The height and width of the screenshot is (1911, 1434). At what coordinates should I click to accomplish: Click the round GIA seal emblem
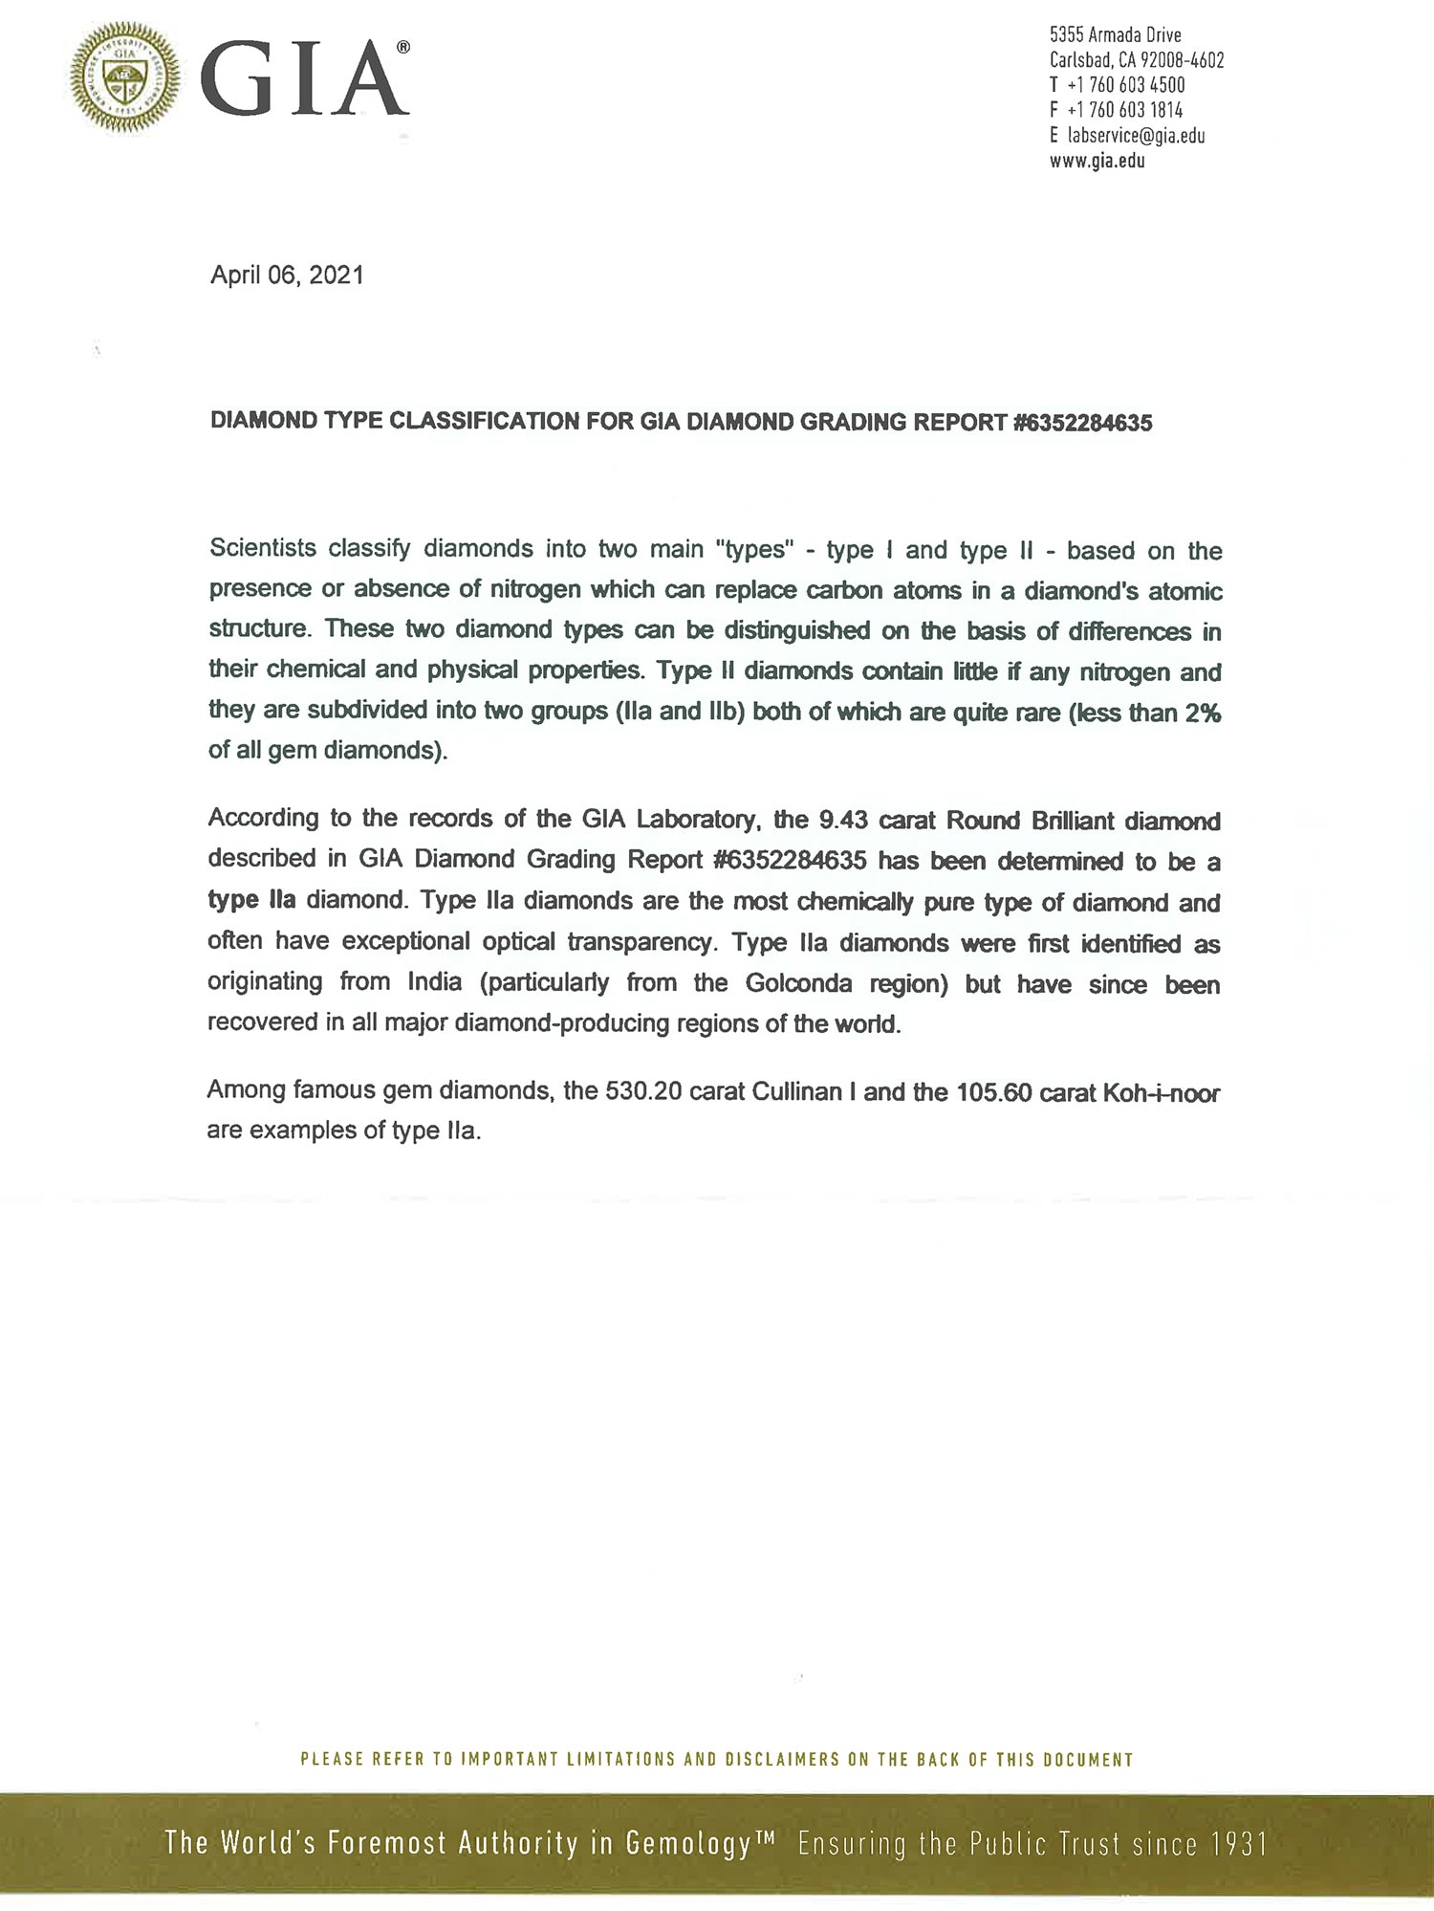[x=124, y=77]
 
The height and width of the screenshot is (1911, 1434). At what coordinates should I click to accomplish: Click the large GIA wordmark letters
[x=304, y=80]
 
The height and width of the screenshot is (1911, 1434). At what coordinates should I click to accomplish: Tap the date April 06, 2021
[x=287, y=275]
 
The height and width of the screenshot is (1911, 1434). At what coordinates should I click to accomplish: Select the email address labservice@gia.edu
[x=1136, y=136]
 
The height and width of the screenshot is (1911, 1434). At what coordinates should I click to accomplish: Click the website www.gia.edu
[x=1097, y=161]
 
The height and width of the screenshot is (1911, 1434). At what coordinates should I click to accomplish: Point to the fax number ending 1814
[x=1125, y=110]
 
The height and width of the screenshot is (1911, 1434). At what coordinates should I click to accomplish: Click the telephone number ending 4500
[x=1126, y=85]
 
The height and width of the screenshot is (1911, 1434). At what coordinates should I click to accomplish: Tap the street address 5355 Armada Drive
[x=1115, y=35]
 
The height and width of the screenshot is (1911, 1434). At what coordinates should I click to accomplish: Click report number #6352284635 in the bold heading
[x=1082, y=423]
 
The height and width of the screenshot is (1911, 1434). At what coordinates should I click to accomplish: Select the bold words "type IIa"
[x=251, y=900]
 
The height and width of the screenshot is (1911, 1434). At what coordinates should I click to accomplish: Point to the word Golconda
[x=798, y=983]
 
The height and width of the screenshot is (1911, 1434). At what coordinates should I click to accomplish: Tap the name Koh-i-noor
[x=1161, y=1092]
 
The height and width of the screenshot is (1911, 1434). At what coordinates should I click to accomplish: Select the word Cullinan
[x=796, y=1091]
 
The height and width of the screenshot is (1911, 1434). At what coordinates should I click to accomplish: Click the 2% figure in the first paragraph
[x=1203, y=713]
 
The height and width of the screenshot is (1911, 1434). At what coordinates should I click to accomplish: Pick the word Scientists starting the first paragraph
[x=263, y=548]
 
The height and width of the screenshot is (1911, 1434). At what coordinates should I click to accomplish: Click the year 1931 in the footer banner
[x=1238, y=1843]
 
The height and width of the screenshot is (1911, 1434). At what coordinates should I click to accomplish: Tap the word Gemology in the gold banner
[x=689, y=1843]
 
